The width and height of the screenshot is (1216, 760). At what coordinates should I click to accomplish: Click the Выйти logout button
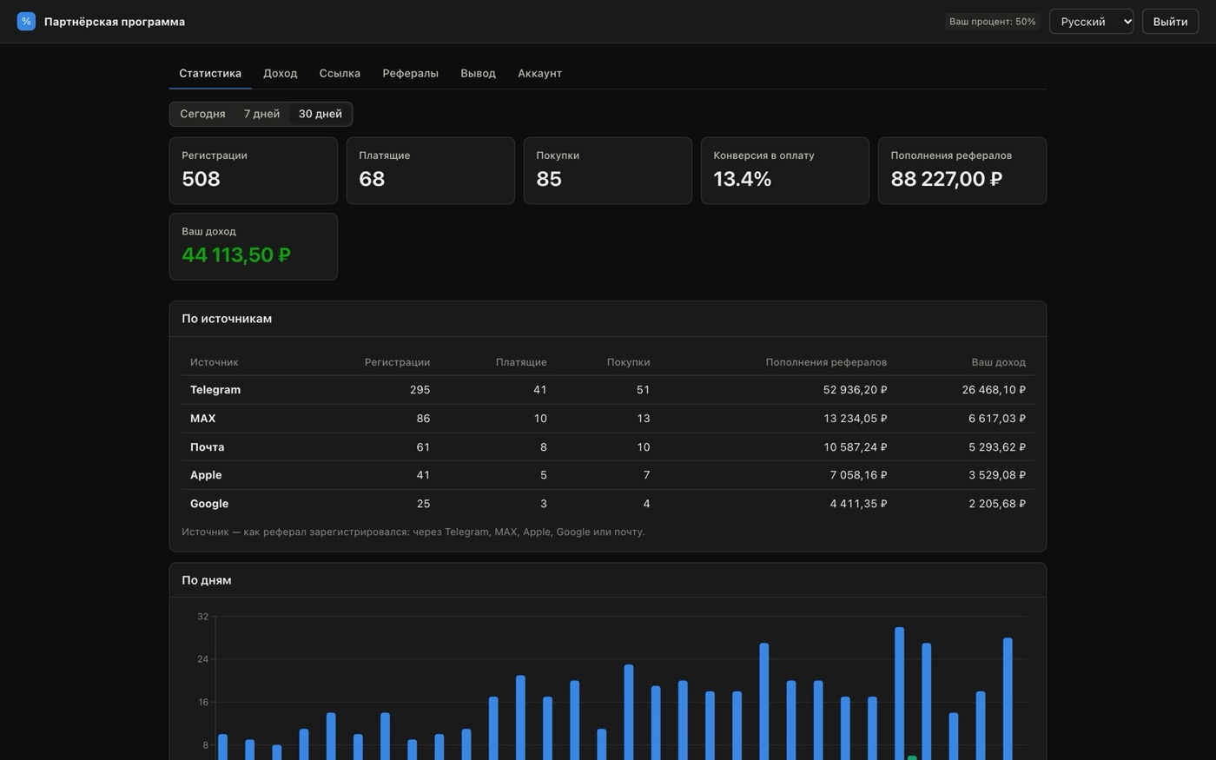click(x=1170, y=22)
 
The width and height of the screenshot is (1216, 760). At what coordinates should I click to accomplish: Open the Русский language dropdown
click(x=1091, y=22)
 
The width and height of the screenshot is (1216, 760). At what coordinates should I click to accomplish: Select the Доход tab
click(x=280, y=73)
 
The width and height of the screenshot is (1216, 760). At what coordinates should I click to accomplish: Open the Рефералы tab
click(x=410, y=73)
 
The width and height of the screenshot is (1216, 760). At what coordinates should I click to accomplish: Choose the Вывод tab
click(x=478, y=73)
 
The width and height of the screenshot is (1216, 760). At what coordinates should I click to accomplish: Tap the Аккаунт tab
click(x=539, y=73)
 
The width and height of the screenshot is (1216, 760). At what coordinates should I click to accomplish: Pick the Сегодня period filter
click(x=202, y=114)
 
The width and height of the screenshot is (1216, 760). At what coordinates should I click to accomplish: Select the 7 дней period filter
click(x=261, y=114)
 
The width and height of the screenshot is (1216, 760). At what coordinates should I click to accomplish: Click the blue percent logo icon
click(x=26, y=22)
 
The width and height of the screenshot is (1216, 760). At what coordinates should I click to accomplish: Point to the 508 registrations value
click(x=201, y=179)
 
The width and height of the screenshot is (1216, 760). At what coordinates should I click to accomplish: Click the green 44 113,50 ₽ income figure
click(x=236, y=254)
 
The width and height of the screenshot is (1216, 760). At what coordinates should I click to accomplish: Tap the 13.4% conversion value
click(x=742, y=179)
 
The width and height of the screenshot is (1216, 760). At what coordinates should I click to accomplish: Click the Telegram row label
click(x=215, y=390)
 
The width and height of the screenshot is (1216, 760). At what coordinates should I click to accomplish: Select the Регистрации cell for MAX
click(x=423, y=419)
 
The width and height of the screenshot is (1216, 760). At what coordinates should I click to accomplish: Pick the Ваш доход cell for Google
click(x=997, y=504)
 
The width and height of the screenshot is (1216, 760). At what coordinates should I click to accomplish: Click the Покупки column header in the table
click(x=628, y=362)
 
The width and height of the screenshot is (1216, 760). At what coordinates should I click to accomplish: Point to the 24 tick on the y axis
click(x=202, y=659)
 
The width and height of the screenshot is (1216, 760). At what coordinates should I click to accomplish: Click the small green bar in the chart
click(x=912, y=757)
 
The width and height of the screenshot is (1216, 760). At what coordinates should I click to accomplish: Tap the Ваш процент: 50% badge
click(x=992, y=22)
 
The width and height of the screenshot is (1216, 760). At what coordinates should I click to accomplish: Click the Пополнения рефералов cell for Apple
click(x=858, y=475)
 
